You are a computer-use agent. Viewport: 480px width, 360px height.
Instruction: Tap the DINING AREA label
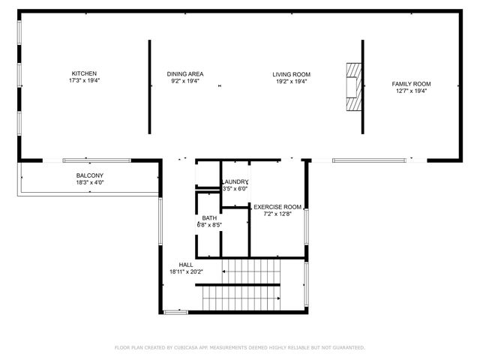(x=184, y=73)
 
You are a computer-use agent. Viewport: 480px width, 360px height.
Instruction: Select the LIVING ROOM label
(x=291, y=74)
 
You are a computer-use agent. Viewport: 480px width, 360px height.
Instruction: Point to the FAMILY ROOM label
(x=411, y=84)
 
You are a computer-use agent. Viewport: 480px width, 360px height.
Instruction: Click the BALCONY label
(x=85, y=175)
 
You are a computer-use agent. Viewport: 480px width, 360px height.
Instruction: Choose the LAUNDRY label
(x=235, y=181)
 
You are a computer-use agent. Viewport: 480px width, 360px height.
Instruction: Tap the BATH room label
(x=209, y=217)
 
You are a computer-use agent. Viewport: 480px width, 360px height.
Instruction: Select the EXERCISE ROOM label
(x=277, y=206)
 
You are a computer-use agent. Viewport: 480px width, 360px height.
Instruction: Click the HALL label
(x=186, y=265)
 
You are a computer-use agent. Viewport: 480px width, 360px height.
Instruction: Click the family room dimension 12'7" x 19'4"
(x=411, y=91)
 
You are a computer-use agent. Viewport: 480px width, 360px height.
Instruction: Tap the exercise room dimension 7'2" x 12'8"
(x=277, y=214)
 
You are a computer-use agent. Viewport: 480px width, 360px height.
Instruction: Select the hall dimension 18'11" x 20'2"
(x=186, y=271)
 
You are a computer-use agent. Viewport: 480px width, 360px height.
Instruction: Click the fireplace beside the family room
(x=352, y=87)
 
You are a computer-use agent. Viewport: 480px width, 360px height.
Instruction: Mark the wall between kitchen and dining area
(x=148, y=86)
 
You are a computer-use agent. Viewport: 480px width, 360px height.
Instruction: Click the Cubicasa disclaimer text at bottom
(x=240, y=347)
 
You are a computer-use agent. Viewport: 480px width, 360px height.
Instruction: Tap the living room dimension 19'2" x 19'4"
(x=291, y=81)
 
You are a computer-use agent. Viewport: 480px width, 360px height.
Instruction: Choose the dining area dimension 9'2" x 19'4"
(x=184, y=80)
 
